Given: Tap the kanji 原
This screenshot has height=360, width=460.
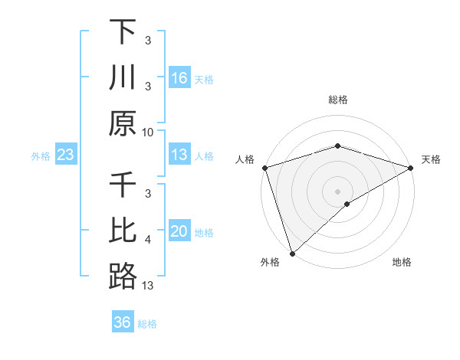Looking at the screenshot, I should pos(123,123).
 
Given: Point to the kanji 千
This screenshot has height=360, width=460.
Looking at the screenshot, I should pos(123,186).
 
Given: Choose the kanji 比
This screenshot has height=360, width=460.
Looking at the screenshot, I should pos(123,231).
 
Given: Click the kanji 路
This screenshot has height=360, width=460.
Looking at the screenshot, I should pos(123,277).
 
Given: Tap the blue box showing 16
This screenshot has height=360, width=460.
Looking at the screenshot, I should pos(179,78).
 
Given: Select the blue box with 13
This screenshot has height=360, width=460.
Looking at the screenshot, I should pos(179,155).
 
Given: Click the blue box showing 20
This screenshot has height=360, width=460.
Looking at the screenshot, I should pos(179,231).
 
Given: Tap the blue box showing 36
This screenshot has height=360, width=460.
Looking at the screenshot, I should pos(123,322).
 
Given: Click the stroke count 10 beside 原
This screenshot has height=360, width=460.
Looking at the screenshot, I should pos(148,133).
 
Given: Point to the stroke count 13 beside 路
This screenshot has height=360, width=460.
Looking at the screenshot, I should pos(148,286).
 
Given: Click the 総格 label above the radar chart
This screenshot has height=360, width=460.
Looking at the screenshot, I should pos(338,100).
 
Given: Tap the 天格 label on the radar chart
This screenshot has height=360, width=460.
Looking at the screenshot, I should pos(432,159).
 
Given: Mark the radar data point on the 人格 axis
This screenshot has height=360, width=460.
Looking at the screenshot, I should pos(264,168).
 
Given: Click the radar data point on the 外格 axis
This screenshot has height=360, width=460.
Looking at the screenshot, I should pos(292,253).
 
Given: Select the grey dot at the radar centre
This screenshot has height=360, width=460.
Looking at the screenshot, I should pos(338,191).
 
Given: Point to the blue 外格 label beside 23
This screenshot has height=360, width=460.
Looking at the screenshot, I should pos(41,156).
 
